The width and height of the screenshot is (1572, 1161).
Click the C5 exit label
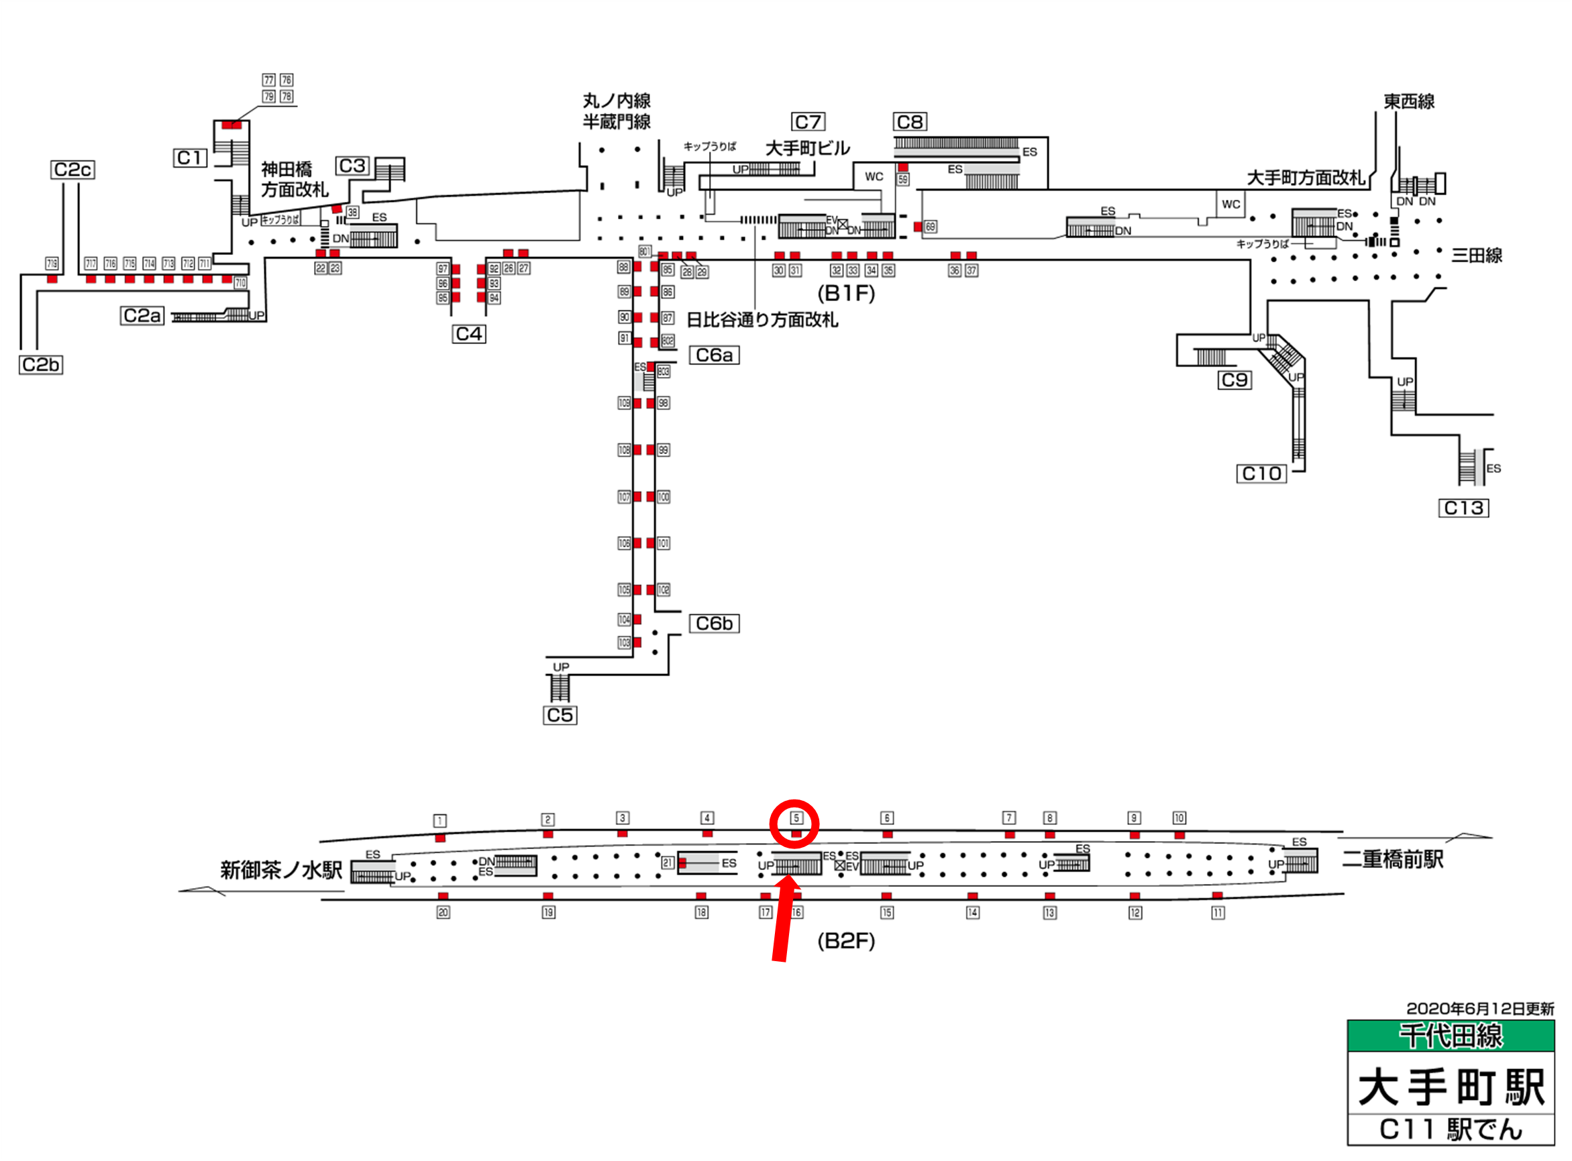(x=560, y=716)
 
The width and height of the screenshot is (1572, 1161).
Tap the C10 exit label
(x=1261, y=474)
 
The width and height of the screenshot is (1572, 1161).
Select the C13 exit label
(x=1463, y=508)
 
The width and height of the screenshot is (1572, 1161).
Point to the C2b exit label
(x=41, y=365)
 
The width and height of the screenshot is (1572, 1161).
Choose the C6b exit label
(x=714, y=623)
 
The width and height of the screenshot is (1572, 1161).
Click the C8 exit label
(x=910, y=122)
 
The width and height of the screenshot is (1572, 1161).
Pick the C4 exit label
(x=469, y=334)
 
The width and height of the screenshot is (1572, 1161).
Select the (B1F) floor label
(x=846, y=293)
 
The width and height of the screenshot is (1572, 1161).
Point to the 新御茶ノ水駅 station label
(x=281, y=870)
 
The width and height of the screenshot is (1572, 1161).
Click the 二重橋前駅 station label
(x=1393, y=859)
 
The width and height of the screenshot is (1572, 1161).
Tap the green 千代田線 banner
(x=1451, y=1036)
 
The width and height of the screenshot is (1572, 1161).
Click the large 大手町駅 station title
(x=1451, y=1087)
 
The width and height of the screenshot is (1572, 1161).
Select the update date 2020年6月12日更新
(x=1480, y=1009)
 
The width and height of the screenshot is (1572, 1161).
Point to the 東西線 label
(x=1409, y=102)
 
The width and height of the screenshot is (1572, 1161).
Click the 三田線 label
(x=1476, y=256)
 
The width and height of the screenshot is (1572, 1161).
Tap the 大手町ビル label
(x=807, y=148)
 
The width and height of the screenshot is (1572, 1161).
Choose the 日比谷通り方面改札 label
(x=762, y=321)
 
